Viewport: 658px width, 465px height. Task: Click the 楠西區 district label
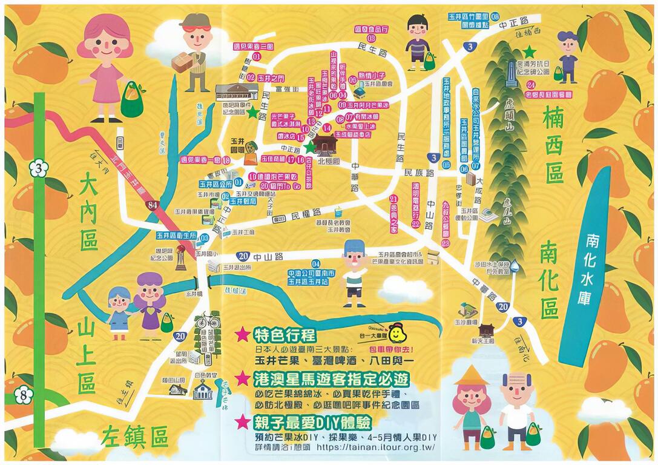[554, 144]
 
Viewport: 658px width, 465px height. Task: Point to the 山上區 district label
[86, 357]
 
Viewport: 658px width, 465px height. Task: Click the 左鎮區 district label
[134, 435]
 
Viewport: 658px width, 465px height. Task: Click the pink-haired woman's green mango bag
[132, 101]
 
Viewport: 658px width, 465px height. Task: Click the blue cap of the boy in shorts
[354, 246]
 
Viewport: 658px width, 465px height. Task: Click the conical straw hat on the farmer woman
[471, 375]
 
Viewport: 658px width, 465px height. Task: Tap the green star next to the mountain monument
[531, 51]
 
